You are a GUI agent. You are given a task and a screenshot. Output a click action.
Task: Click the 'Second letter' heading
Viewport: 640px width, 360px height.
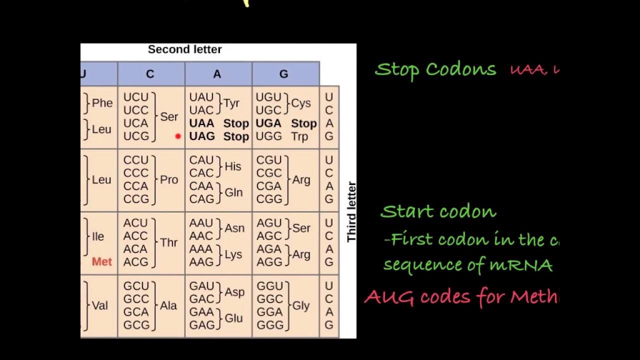pyautogui.click(x=184, y=49)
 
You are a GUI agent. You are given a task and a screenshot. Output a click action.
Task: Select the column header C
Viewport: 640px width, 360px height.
pyautogui.click(x=150, y=74)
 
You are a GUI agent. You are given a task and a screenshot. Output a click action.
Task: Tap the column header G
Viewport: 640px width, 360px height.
pyautogui.click(x=283, y=74)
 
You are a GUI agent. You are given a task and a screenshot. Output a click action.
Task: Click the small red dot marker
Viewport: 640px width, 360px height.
pyautogui.click(x=177, y=136)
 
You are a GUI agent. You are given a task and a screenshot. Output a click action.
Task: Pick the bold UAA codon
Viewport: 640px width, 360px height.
pyautogui.click(x=201, y=123)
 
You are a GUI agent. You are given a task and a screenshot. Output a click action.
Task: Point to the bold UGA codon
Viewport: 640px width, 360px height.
pyautogui.click(x=268, y=123)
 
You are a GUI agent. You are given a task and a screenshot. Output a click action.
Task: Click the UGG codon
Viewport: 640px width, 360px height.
pyautogui.click(x=268, y=136)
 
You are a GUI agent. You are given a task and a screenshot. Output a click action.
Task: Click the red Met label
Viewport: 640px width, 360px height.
pyautogui.click(x=102, y=261)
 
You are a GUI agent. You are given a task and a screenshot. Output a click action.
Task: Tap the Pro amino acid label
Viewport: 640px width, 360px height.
pyautogui.click(x=169, y=180)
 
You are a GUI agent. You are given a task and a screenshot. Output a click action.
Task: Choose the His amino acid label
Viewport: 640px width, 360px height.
pyautogui.click(x=233, y=166)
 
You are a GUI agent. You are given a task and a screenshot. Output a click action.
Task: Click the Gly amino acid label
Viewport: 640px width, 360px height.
pyautogui.click(x=301, y=305)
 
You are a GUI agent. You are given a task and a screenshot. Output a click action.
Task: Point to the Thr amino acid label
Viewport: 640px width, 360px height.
pyautogui.click(x=169, y=242)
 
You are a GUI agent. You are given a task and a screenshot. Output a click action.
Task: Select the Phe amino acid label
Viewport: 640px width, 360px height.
pyautogui.click(x=102, y=103)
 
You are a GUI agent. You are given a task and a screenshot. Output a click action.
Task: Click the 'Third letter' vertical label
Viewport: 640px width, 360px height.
pyautogui.click(x=351, y=211)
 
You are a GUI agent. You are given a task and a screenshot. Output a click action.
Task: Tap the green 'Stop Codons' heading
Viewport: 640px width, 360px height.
pyautogui.click(x=435, y=69)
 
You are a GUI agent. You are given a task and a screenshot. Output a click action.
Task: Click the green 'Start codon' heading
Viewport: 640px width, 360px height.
pyautogui.click(x=438, y=212)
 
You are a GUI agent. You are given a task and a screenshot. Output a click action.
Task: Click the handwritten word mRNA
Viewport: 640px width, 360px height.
pyautogui.click(x=527, y=265)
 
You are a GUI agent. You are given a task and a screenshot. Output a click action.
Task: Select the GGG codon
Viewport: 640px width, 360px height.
pyautogui.click(x=269, y=325)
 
